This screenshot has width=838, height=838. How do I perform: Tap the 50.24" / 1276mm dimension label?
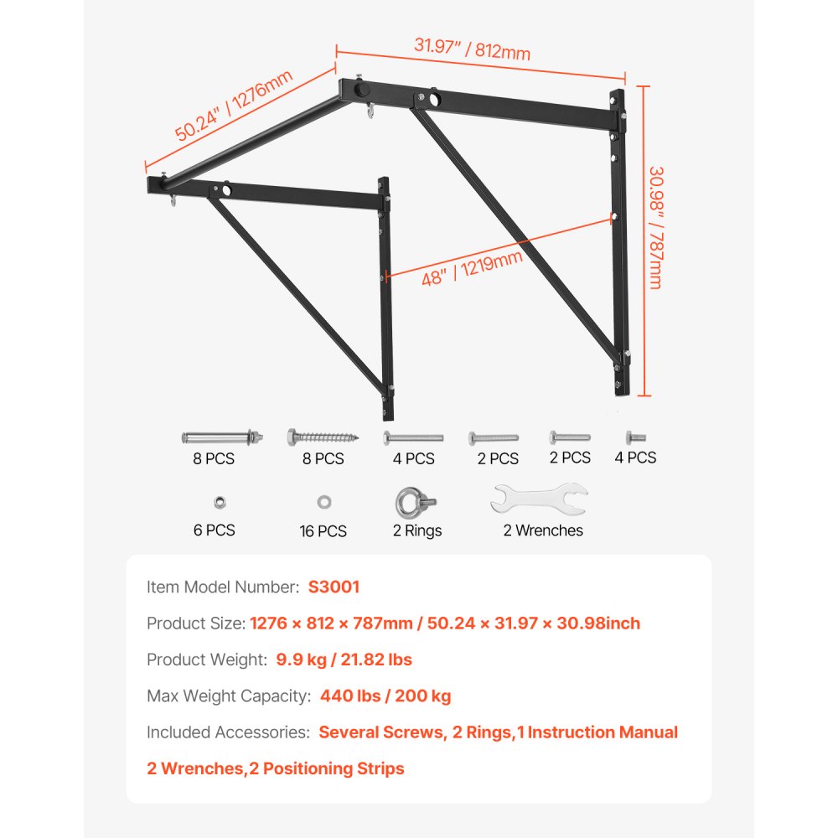[x=234, y=106]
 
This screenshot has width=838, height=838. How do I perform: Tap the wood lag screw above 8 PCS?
[x=323, y=437]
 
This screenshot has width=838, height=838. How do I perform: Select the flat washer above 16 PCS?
[x=323, y=502]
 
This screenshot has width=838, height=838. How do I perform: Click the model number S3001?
[x=334, y=587]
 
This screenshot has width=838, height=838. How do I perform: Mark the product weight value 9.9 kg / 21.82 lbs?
[x=344, y=660]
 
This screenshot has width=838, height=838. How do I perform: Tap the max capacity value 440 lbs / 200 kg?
[x=385, y=696]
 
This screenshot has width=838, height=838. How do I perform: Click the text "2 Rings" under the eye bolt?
[x=417, y=530]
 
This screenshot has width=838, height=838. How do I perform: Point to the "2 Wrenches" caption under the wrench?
[x=543, y=530]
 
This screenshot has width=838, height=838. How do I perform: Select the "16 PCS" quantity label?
[x=323, y=531]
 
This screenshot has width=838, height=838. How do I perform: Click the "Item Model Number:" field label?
[x=222, y=587]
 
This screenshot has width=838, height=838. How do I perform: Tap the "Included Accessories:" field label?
[x=228, y=732]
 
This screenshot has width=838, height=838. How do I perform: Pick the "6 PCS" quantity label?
[x=215, y=530]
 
